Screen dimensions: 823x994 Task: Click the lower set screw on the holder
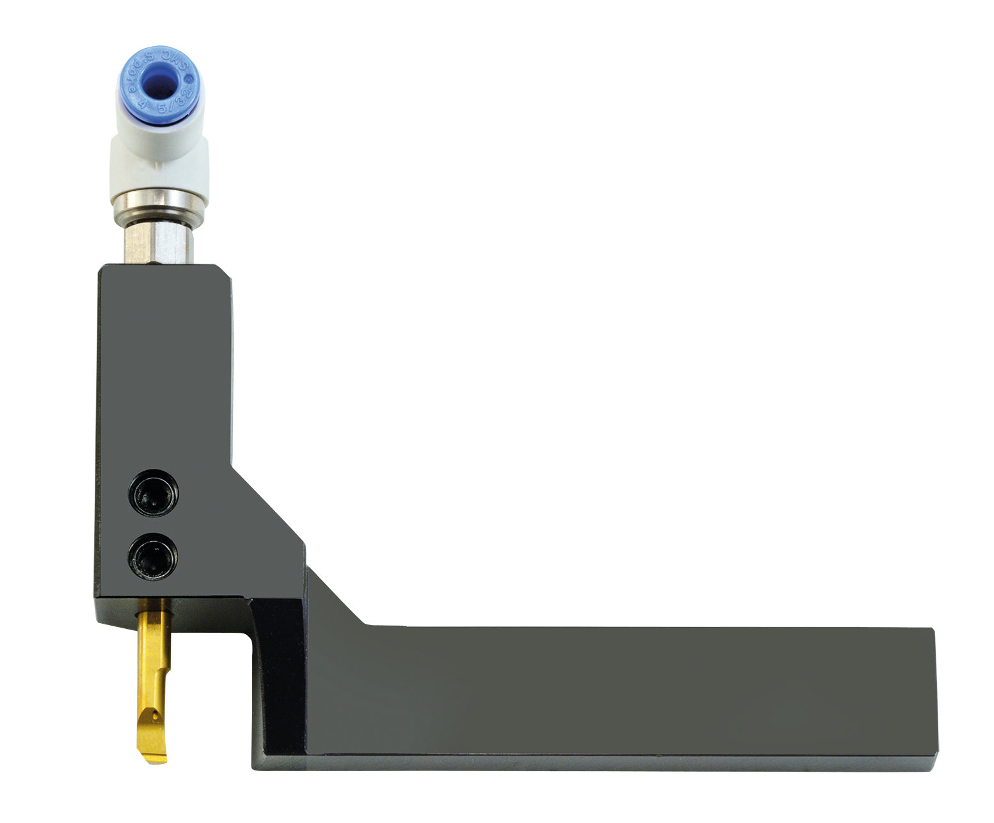point(154,557)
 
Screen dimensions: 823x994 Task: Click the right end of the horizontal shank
point(931,698)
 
